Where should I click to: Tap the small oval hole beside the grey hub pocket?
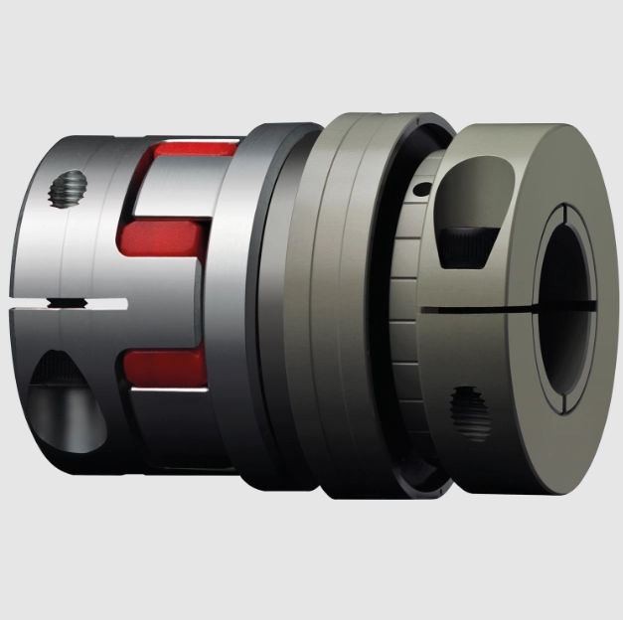421,190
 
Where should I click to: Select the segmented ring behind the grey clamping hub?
402,298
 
